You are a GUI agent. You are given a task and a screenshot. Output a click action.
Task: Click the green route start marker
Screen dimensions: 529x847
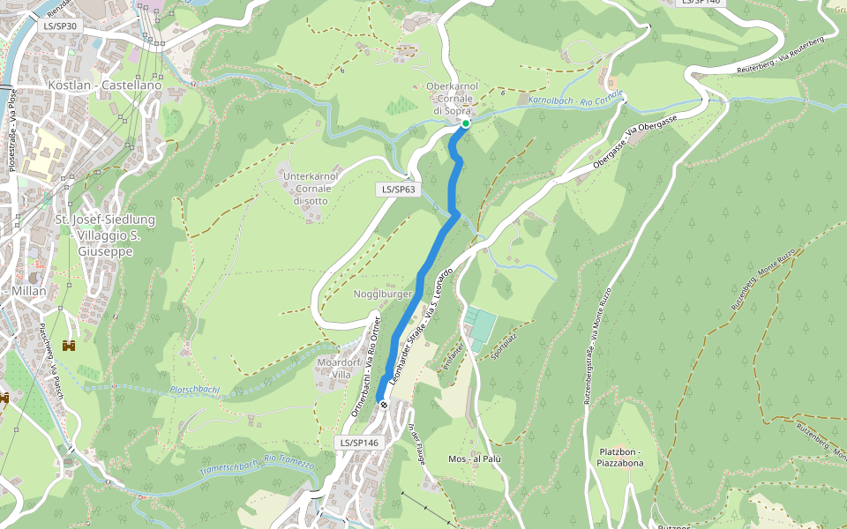465,124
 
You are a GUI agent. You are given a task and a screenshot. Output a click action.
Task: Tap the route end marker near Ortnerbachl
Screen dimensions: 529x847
384,404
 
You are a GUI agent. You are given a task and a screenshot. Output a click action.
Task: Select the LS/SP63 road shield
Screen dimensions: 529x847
397,190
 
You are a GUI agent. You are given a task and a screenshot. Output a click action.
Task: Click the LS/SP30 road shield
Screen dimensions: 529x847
60,26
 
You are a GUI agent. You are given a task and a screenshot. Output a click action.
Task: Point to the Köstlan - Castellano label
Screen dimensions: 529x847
106,86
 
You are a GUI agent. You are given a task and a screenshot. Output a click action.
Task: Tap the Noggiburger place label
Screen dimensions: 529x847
383,294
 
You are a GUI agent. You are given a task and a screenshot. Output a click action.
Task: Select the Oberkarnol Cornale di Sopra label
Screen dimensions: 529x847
452,99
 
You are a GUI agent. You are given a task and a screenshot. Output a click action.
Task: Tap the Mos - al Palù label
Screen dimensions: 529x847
475,459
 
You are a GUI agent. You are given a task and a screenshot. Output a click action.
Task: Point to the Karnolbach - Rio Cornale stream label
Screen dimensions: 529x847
575,98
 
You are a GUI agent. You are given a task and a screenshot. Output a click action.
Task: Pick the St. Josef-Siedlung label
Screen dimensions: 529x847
104,220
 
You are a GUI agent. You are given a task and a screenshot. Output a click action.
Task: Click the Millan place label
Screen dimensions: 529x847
29,291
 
